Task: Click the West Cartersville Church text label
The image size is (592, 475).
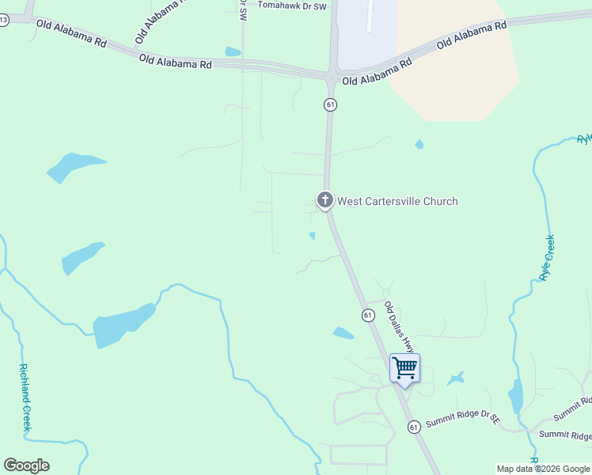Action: [x=397, y=201]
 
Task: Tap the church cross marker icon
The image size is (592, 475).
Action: [x=324, y=199]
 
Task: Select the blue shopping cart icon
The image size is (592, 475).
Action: [x=404, y=368]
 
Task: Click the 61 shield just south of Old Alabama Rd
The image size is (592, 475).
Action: [x=330, y=104]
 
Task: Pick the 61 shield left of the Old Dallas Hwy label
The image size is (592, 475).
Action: [x=368, y=315]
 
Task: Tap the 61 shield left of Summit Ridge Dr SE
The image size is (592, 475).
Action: [x=414, y=427]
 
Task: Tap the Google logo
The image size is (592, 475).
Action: [x=26, y=465]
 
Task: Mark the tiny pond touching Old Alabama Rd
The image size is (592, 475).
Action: [x=232, y=52]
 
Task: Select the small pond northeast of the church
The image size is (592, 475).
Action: [x=419, y=145]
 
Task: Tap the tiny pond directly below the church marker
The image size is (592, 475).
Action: [x=313, y=235]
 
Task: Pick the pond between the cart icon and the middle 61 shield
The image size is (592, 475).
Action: [x=343, y=333]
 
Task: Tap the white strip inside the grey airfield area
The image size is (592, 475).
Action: [x=370, y=16]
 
